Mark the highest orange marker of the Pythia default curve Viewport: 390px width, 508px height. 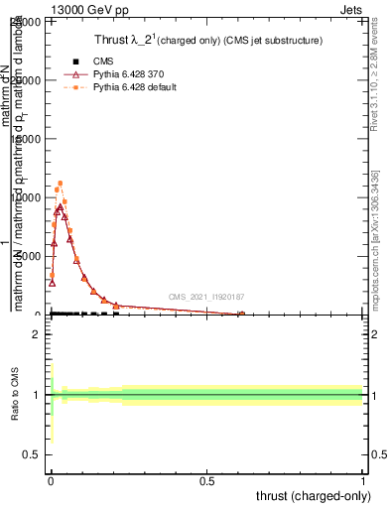tap(61, 183)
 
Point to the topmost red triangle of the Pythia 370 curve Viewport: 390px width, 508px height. tap(60, 207)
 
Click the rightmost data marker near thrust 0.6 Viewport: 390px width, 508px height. tap(241, 315)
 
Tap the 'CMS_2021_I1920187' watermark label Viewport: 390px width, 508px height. tap(206, 297)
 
